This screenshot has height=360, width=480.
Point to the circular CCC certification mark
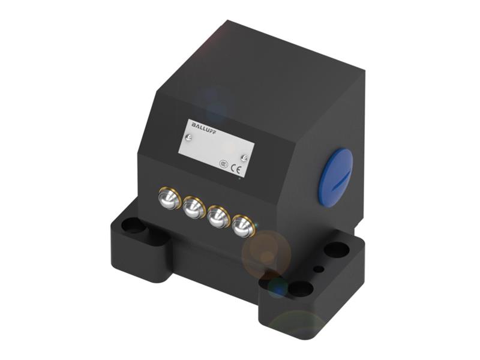[x=223, y=162]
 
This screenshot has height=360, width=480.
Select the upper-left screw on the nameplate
[x=190, y=138]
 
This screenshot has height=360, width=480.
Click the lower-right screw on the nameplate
[x=244, y=157]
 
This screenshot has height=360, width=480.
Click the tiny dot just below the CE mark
[x=238, y=178]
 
